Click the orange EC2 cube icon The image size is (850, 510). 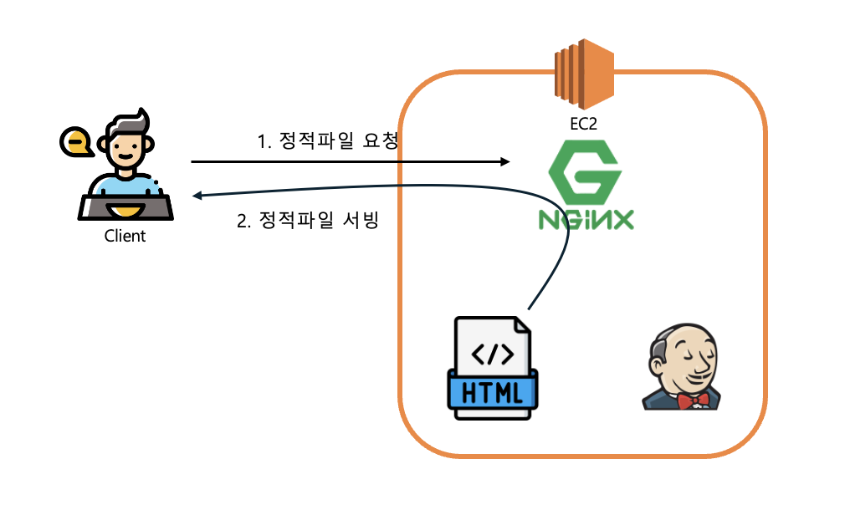click(x=584, y=73)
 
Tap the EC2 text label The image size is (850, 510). click(x=584, y=124)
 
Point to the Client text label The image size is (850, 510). click(x=125, y=236)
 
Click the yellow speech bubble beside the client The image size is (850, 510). click(x=77, y=142)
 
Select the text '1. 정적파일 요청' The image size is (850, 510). click(x=327, y=141)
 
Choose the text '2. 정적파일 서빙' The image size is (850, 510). click(x=308, y=222)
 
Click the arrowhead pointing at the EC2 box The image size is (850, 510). click(x=504, y=161)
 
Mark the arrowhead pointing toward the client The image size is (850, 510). click(x=197, y=196)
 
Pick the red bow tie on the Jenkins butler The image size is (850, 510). click(x=693, y=400)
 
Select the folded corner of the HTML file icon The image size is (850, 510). click(x=520, y=325)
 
